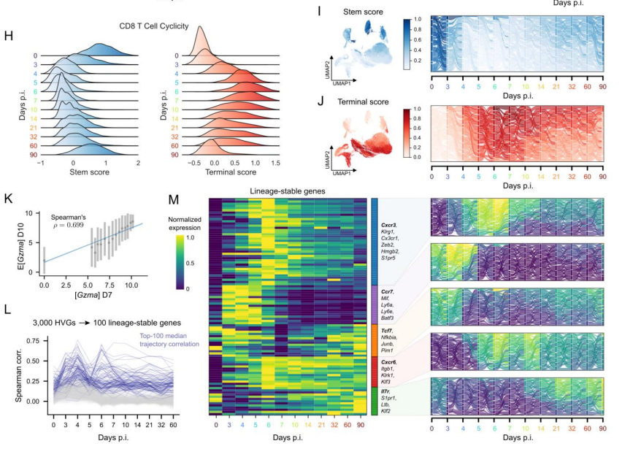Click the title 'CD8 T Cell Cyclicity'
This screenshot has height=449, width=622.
[x=155, y=26]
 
